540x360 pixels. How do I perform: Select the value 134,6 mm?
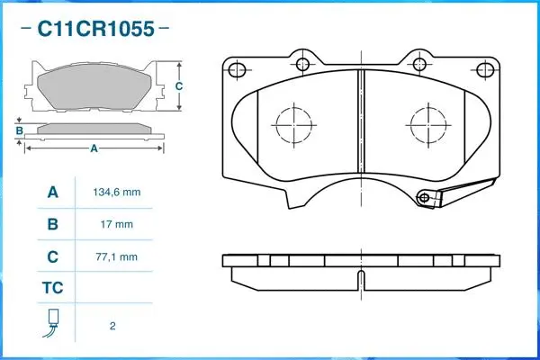117,193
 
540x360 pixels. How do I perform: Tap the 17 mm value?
117,224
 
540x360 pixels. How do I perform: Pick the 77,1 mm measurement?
117,256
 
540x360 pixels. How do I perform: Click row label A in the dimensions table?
52,193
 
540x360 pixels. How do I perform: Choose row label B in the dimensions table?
52,224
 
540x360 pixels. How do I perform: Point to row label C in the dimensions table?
52,256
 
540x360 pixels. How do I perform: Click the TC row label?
52,289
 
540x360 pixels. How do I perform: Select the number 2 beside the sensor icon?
112,326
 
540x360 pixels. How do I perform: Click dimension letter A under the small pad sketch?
94,148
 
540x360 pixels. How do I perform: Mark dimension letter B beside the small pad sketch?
19,131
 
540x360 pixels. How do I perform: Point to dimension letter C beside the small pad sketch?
178,85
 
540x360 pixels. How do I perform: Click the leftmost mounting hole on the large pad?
238,70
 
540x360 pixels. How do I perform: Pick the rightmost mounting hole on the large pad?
485,70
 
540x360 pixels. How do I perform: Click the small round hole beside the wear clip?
423,197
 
